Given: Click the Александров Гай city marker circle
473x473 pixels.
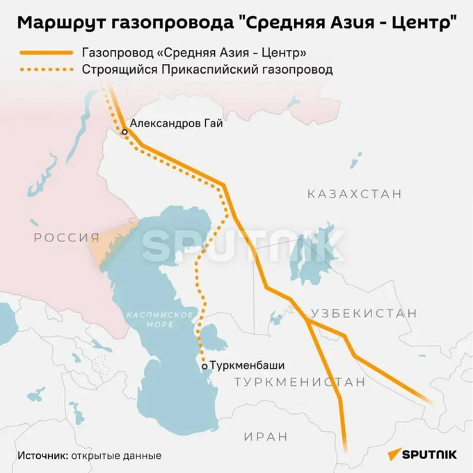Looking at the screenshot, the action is point(125,131).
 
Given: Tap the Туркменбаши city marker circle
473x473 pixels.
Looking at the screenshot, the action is point(204,365).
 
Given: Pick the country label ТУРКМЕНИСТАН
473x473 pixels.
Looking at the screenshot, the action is point(300,382).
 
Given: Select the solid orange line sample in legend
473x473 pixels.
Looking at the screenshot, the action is point(45,53).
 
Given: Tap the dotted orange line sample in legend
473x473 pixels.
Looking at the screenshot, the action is point(45,70).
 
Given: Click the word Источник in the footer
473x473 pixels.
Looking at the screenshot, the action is point(42,456).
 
